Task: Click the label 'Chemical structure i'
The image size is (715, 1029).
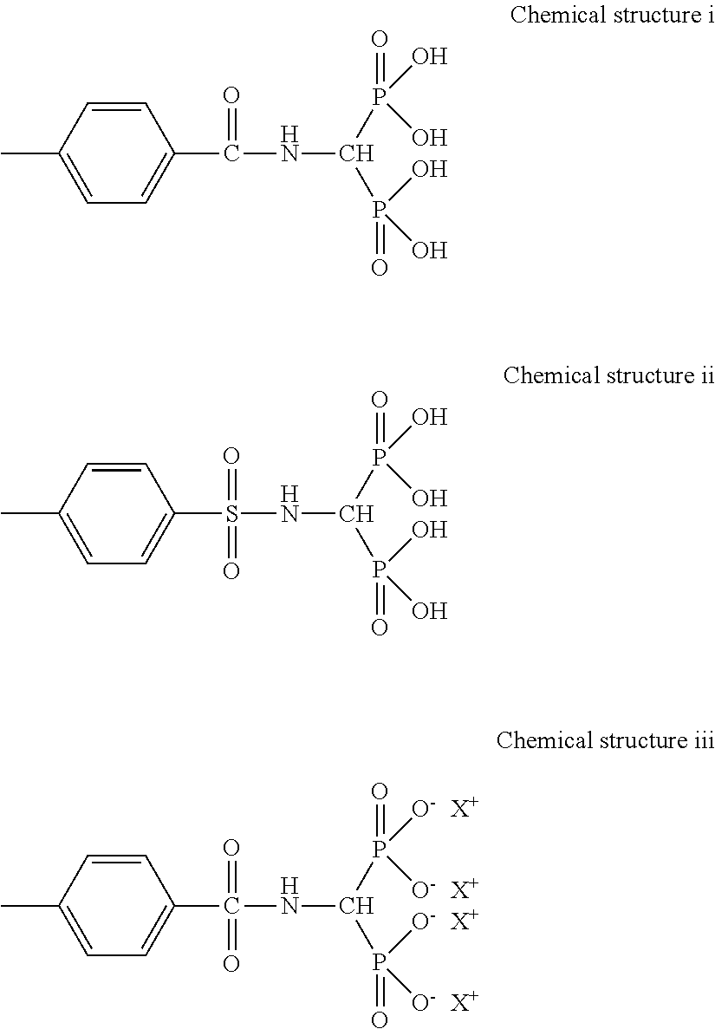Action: pos(611,15)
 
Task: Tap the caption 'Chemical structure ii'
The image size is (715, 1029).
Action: pos(608,375)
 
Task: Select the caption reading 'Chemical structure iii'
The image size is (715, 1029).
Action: pos(604,740)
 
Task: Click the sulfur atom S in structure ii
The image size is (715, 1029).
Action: pos(231,514)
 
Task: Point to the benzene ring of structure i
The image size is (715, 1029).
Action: pos(116,154)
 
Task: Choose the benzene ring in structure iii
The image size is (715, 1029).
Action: pos(116,906)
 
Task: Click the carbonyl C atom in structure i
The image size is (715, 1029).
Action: pos(231,154)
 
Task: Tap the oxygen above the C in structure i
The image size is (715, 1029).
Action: pos(231,95)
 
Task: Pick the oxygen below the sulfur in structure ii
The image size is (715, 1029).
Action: pos(231,570)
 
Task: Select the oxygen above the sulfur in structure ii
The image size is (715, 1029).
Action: pos(231,456)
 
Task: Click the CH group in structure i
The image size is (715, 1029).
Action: pos(355,154)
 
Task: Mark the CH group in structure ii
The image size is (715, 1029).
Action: pos(355,514)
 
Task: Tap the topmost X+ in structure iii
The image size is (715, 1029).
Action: pos(465,809)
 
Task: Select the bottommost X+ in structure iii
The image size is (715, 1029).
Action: pos(465,1003)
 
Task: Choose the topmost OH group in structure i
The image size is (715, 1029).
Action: pos(429,58)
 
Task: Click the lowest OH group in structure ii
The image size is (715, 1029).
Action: pos(429,611)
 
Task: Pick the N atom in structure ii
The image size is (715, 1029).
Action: pos(289,514)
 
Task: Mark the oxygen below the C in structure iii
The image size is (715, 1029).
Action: pos(231,963)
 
